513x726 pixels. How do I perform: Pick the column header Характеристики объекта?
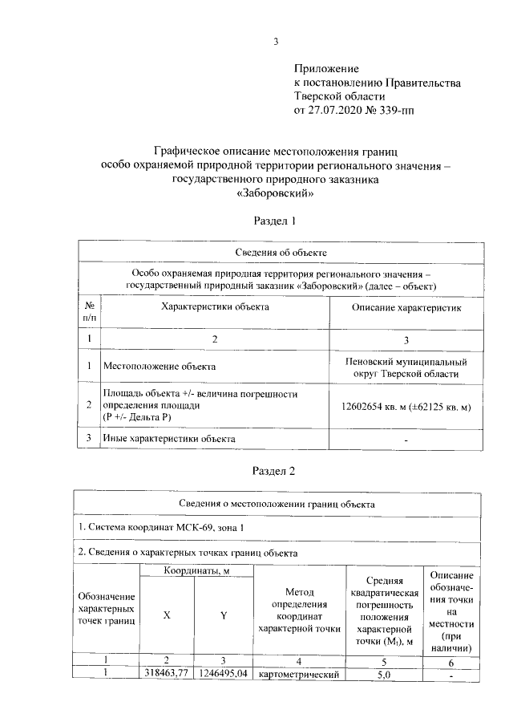(216, 306)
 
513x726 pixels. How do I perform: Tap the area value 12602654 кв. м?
(377, 407)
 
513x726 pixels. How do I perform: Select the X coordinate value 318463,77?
(166, 674)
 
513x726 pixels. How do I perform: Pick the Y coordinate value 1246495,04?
(224, 674)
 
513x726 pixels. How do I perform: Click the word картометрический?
(299, 674)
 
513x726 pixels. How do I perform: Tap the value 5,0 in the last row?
(384, 674)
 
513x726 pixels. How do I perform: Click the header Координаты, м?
(196, 570)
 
